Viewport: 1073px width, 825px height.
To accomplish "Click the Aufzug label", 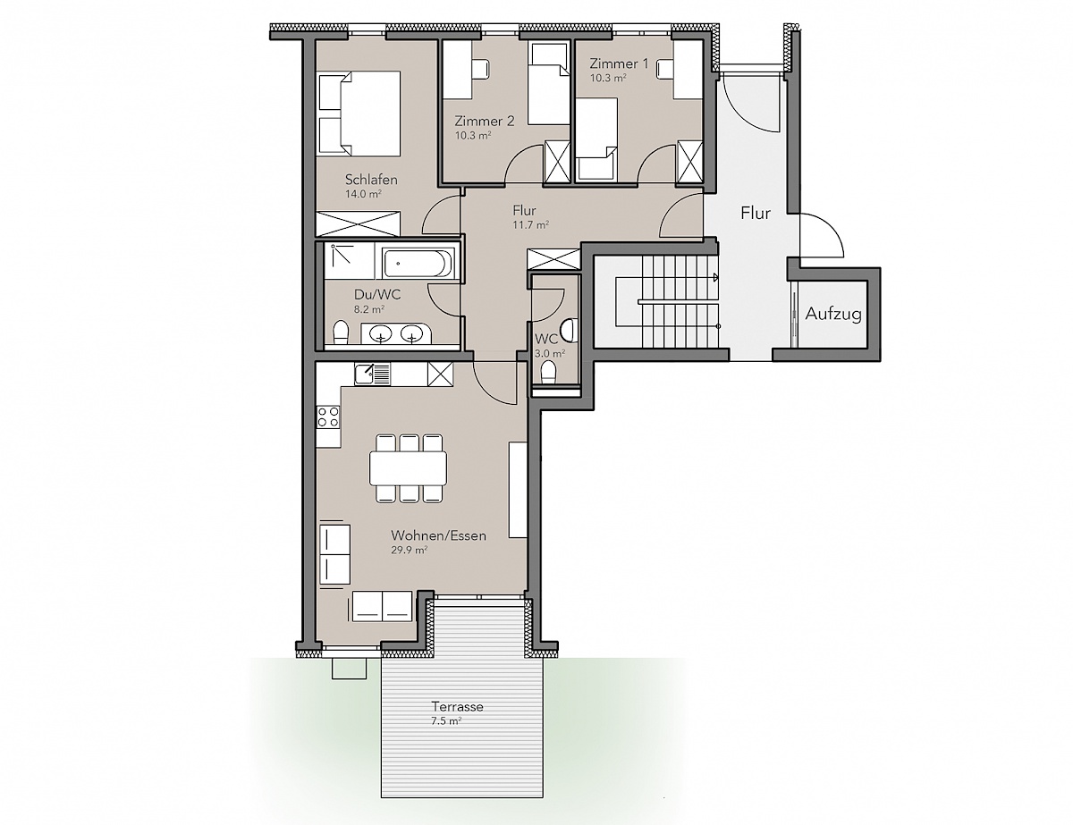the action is (x=833, y=314).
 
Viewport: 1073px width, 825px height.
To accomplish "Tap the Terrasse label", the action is (x=457, y=706).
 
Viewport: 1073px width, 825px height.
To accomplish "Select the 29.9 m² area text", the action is (x=409, y=551).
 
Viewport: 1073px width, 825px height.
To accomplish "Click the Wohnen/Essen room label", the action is (x=438, y=535).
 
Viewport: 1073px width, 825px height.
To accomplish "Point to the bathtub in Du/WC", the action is (x=418, y=264).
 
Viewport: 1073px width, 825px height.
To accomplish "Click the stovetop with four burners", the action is (x=328, y=417).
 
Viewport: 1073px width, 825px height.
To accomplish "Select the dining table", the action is (x=408, y=467).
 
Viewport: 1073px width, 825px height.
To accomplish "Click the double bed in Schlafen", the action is (x=359, y=114).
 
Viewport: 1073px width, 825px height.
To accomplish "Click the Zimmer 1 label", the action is (x=619, y=63).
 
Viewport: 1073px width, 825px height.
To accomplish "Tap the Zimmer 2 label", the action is (x=485, y=121).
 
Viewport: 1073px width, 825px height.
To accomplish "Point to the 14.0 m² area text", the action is (x=363, y=194).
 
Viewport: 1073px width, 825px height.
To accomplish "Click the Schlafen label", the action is (x=371, y=180).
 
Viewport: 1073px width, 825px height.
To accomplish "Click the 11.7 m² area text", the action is (x=531, y=225).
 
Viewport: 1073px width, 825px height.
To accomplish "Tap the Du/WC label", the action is (x=377, y=295).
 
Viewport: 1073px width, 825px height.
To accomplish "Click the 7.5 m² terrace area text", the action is (x=446, y=721).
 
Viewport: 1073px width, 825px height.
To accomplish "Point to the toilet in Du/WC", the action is (x=340, y=332).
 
